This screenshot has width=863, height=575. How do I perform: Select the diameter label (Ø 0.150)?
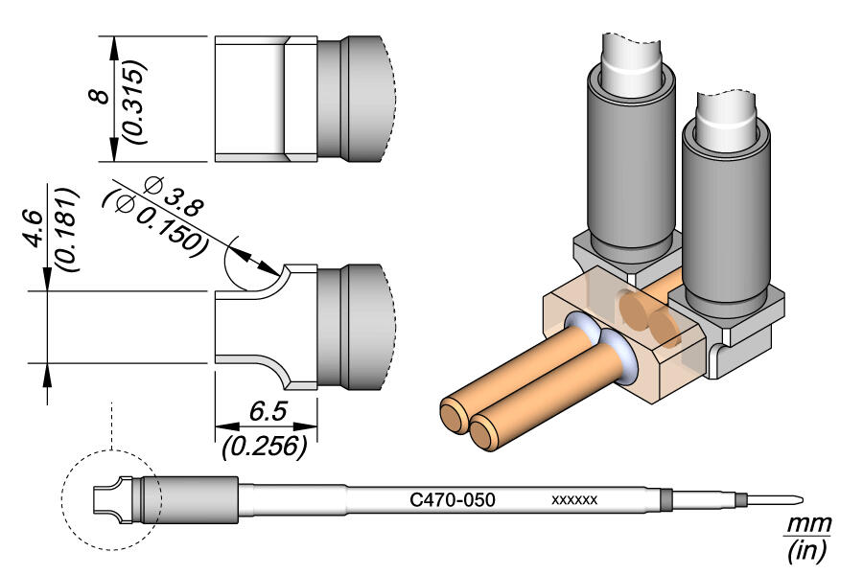[153, 220]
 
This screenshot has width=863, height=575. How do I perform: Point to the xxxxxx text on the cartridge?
[574, 500]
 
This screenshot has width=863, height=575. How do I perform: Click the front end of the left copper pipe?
[452, 417]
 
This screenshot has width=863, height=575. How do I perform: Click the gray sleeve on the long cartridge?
[197, 500]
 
